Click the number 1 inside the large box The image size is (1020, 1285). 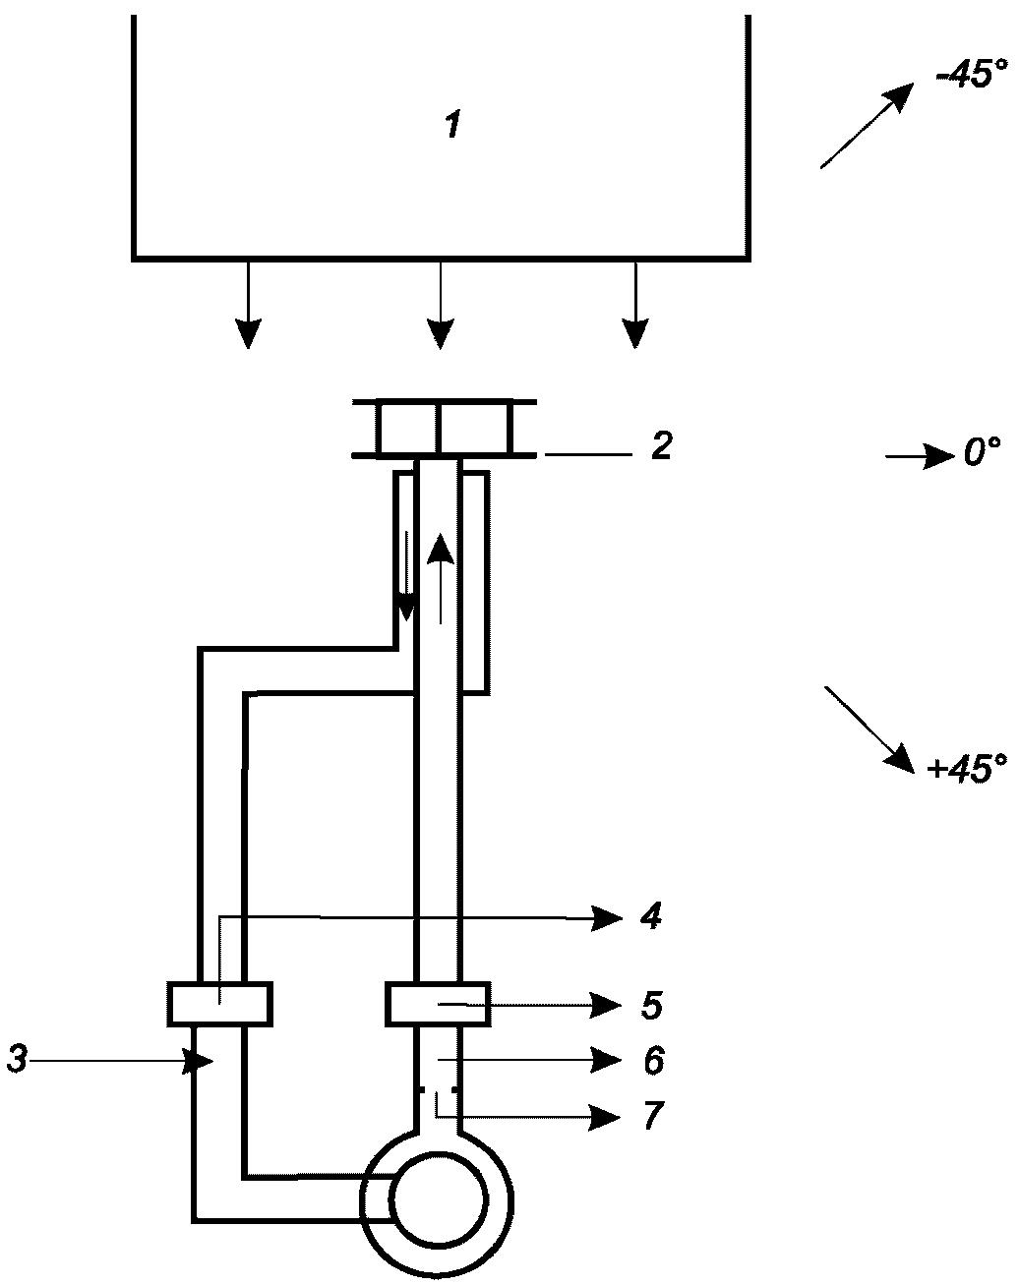pos(453,126)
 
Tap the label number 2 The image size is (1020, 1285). pos(662,445)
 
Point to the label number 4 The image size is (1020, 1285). pos(651,915)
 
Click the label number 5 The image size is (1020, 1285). pos(651,1005)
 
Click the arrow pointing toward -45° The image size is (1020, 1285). pos(867,126)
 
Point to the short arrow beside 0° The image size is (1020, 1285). pos(921,457)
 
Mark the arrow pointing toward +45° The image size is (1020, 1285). pos(870,730)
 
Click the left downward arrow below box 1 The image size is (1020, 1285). pos(248,305)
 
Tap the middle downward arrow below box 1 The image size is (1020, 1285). pos(441,305)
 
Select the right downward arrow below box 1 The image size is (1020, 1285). pos(635,305)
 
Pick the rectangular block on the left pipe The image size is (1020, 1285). pos(220,1005)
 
